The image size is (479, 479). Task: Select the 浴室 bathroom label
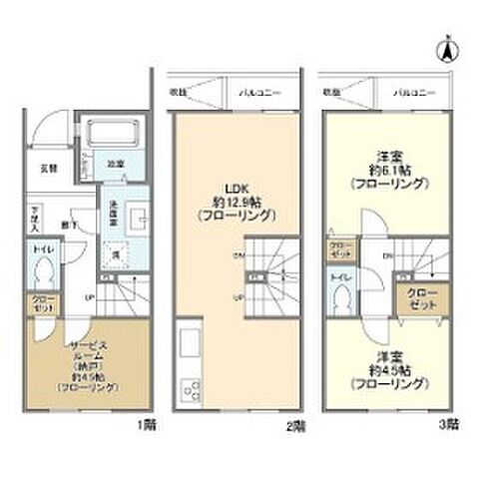[x=115, y=163]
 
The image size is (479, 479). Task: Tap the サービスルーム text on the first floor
[x=90, y=346]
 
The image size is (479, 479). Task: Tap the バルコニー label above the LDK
[x=259, y=93]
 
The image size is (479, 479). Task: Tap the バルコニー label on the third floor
[x=412, y=93]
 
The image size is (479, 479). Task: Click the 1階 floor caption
[x=148, y=424]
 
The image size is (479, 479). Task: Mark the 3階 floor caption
[x=449, y=424]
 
